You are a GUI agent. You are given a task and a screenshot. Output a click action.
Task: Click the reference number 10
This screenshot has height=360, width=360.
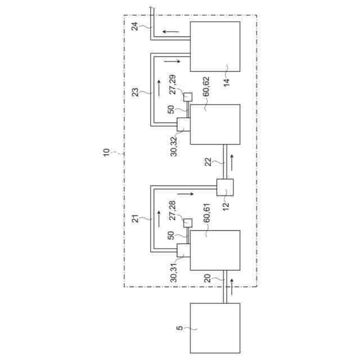[107, 154]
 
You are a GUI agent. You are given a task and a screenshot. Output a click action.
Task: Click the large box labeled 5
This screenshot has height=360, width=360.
[215, 327]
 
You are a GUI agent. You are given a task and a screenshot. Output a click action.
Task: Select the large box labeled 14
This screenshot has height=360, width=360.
[215, 47]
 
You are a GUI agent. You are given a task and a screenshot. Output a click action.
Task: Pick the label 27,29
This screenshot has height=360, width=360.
[173, 83]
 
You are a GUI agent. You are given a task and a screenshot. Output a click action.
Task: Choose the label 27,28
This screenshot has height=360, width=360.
[173, 209]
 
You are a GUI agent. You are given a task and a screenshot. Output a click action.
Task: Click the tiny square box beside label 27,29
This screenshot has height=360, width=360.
[188, 97]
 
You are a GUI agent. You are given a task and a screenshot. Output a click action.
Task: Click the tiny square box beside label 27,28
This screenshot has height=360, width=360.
[188, 223]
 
